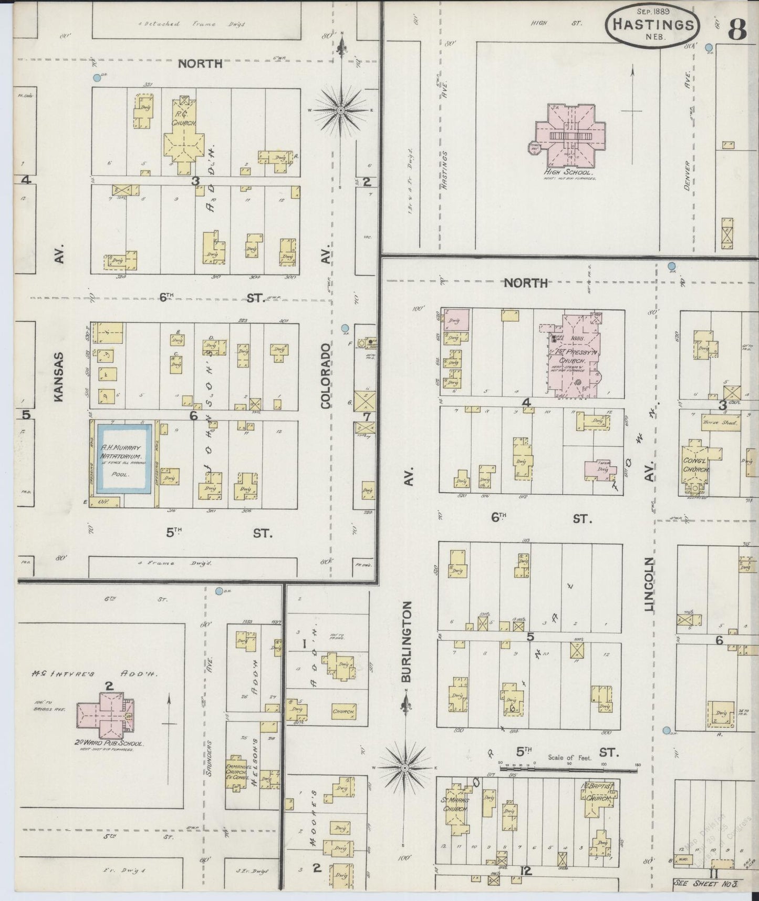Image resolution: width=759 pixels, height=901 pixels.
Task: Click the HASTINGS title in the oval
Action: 653,24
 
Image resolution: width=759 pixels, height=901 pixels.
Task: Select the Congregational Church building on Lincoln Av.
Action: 696,465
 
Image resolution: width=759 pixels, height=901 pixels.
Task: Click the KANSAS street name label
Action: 58,377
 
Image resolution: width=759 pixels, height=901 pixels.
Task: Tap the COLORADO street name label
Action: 326,375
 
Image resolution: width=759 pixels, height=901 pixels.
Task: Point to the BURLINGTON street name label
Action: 407,641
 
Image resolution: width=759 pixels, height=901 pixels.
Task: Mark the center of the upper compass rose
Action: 341,110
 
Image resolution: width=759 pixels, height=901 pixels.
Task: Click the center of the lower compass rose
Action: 405,768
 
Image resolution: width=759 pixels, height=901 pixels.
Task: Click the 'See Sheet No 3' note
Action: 706,883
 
